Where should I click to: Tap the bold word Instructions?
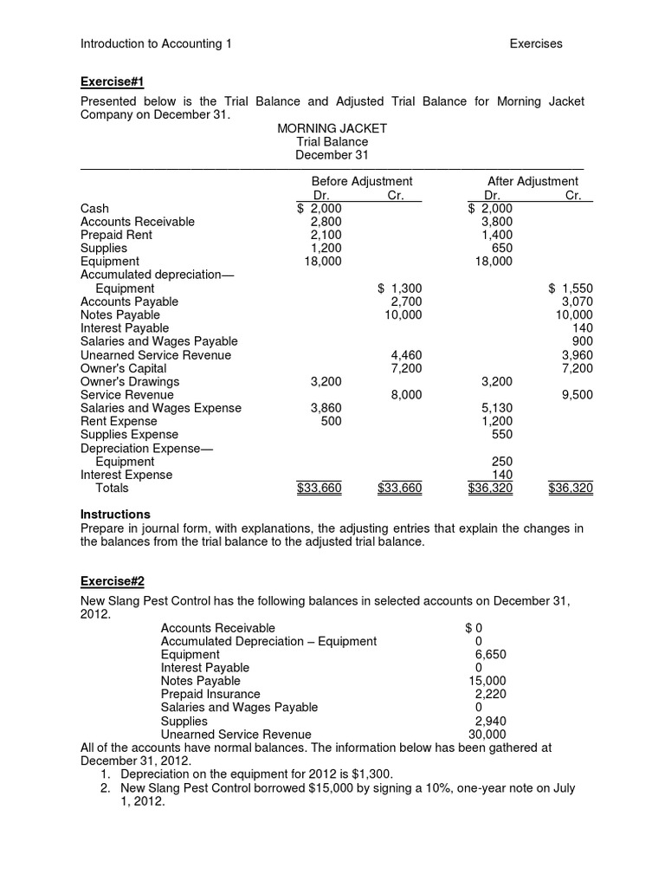pyautogui.click(x=115, y=515)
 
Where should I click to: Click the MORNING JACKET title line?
pyautogui.click(x=332, y=128)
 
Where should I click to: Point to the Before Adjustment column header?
pyautogui.click(x=361, y=181)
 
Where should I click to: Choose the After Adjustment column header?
pyautogui.click(x=533, y=181)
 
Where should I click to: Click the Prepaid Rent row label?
pyautogui.click(x=116, y=235)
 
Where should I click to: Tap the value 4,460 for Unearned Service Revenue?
pyautogui.click(x=406, y=355)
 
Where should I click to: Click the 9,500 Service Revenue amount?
pyautogui.click(x=577, y=395)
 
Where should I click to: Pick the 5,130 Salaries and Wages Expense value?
pyautogui.click(x=496, y=408)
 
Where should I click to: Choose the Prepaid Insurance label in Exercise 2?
pyautogui.click(x=210, y=694)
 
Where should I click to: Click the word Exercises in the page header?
pyautogui.click(x=535, y=43)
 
